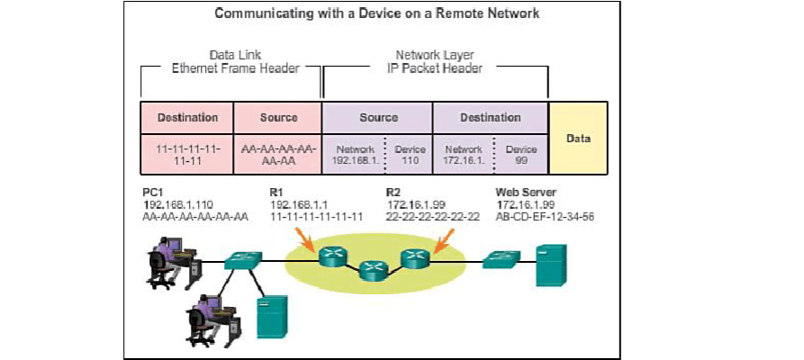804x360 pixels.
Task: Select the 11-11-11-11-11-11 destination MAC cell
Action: coord(188,155)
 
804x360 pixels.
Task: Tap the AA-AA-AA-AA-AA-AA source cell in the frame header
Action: coord(277,155)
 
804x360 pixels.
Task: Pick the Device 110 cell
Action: coord(411,155)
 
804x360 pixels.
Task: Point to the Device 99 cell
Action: coord(521,155)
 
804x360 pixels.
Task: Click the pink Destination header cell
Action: coord(188,118)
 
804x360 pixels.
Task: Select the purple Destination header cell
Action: coord(490,118)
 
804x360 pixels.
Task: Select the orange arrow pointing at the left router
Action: coord(306,242)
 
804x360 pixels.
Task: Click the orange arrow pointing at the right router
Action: coord(443,240)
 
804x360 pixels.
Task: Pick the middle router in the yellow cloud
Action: coord(371,270)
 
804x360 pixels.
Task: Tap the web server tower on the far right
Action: coord(549,262)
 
